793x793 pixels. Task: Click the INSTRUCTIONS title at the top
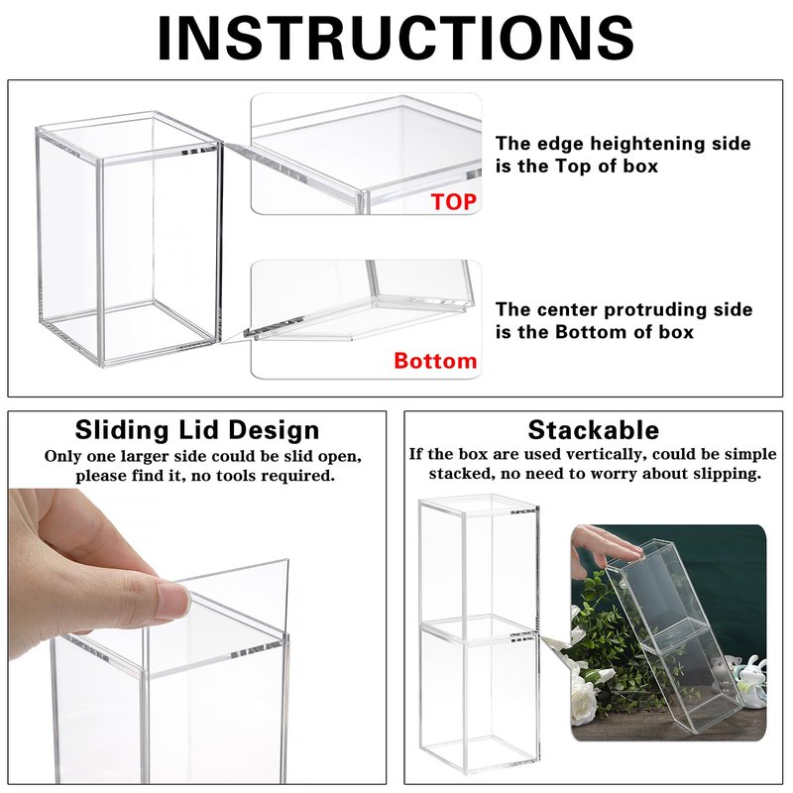pyautogui.click(x=396, y=39)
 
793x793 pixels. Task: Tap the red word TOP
pyautogui.click(x=454, y=202)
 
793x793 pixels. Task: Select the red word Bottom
pyautogui.click(x=435, y=361)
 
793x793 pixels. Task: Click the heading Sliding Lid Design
pyautogui.click(x=197, y=430)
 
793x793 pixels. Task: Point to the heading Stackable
pyautogui.click(x=593, y=430)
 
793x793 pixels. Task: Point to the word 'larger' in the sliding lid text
pyautogui.click(x=144, y=457)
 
